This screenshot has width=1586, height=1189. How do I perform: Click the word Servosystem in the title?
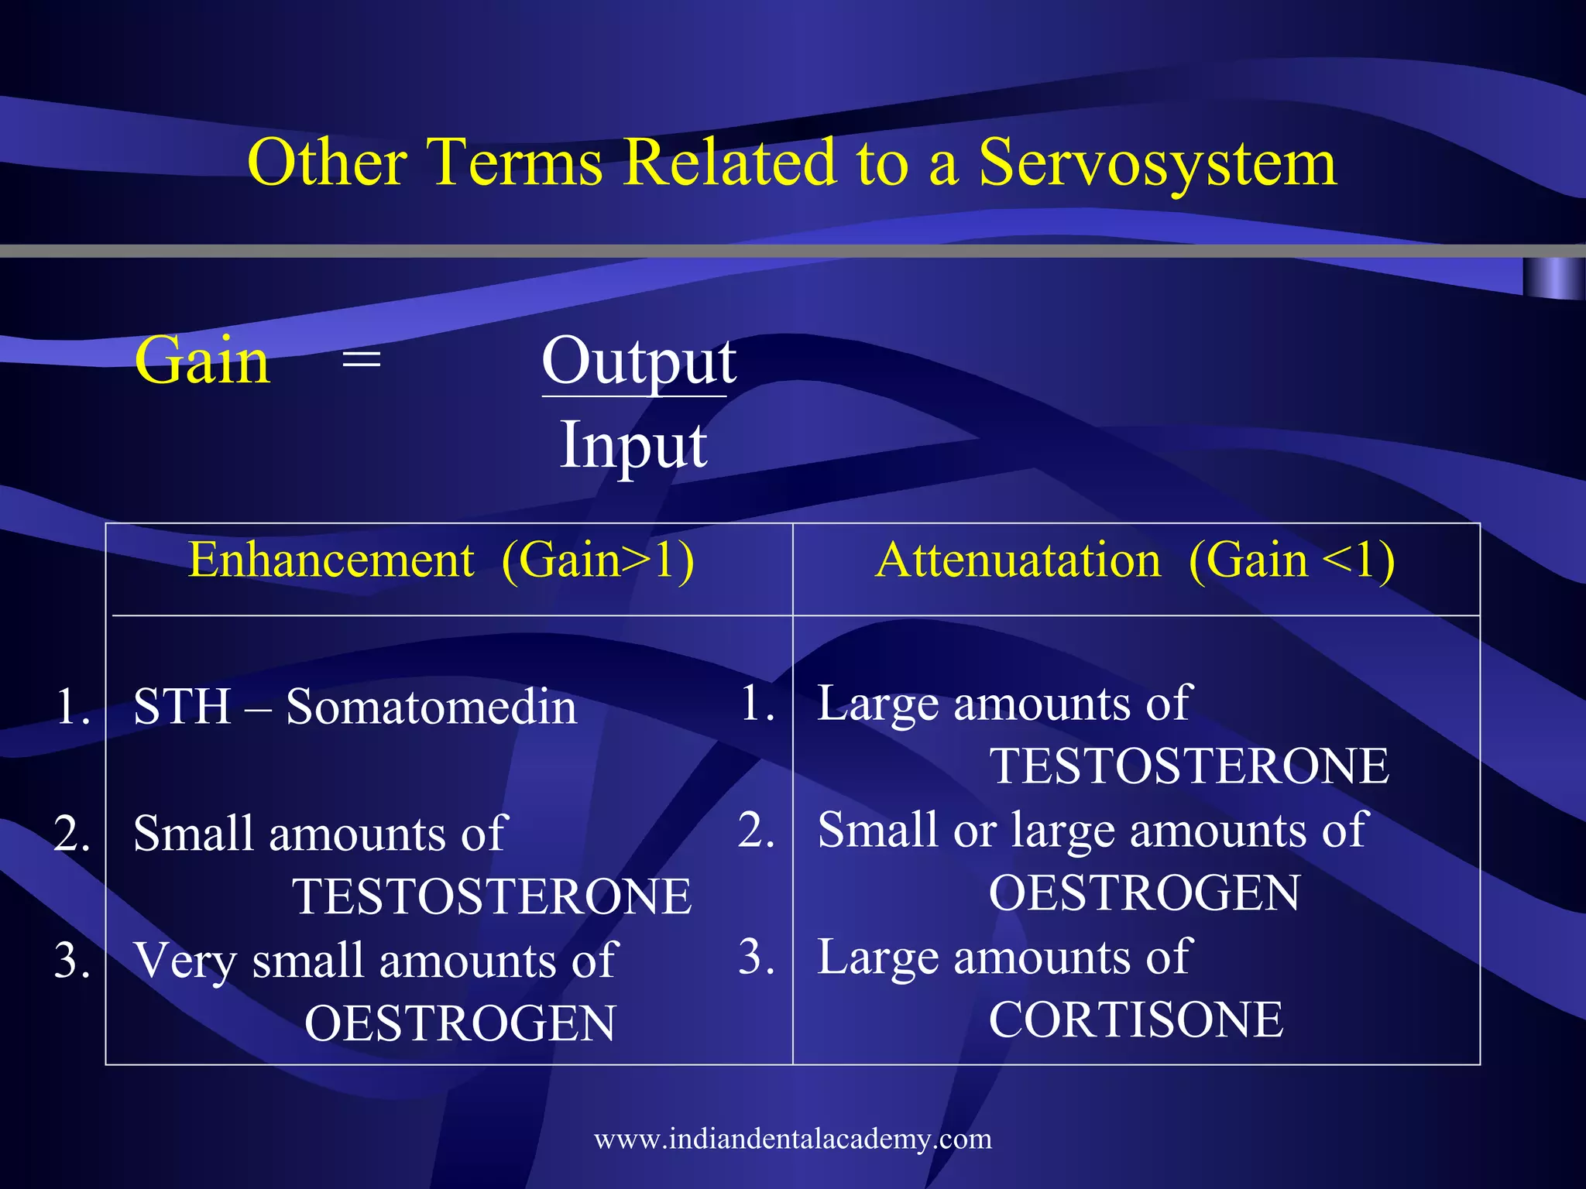tap(1157, 163)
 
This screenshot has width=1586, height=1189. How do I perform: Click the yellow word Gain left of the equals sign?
tap(202, 361)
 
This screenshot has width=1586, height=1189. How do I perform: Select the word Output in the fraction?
tap(638, 361)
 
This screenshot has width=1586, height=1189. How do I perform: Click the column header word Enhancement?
tap(331, 560)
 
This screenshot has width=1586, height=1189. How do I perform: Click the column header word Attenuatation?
tap(1018, 560)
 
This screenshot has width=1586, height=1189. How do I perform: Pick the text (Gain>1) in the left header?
tap(597, 560)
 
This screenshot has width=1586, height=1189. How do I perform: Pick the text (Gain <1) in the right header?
tap(1291, 560)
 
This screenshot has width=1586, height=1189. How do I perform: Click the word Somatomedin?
tap(431, 707)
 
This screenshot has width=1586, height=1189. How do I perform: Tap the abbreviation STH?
tap(182, 707)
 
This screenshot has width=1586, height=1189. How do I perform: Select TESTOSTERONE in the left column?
tap(491, 896)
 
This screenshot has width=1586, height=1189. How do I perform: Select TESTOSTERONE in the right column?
tap(1189, 766)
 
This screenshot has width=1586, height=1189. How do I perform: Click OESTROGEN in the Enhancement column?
tap(460, 1023)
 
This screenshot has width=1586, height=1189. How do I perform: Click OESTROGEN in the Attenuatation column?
tap(1144, 893)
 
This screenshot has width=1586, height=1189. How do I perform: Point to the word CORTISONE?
tap(1135, 1019)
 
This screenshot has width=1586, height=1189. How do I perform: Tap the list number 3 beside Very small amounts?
tap(71, 961)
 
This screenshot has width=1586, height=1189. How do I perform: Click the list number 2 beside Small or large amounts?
tap(755, 831)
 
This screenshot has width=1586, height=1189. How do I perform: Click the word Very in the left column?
tap(184, 961)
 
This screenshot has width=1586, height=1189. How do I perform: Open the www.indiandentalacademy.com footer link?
tap(792, 1139)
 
